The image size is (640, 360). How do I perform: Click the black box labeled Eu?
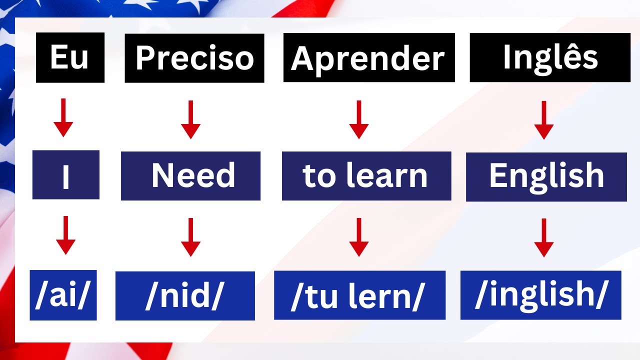tap(70, 57)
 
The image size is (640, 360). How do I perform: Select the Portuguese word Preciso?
tap(194, 58)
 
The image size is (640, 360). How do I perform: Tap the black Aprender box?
tap(369, 57)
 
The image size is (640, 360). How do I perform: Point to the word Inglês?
tap(550, 57)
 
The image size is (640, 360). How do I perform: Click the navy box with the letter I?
tap(66, 175)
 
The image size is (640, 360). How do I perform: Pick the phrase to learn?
tap(366, 176)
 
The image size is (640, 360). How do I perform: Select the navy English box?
tap(546, 176)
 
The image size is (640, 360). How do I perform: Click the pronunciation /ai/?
tap(63, 295)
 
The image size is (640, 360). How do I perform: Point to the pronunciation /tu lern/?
tap(359, 295)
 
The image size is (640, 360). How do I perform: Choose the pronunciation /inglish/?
tap(540, 295)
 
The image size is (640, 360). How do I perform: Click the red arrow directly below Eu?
tap(63, 118)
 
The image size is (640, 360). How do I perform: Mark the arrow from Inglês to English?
tap(544, 120)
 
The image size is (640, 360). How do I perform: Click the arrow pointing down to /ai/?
tap(65, 235)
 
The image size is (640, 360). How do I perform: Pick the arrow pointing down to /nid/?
tap(190, 237)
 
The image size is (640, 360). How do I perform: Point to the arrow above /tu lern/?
tap(358, 237)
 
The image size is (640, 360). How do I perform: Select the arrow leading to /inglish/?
tap(544, 237)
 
